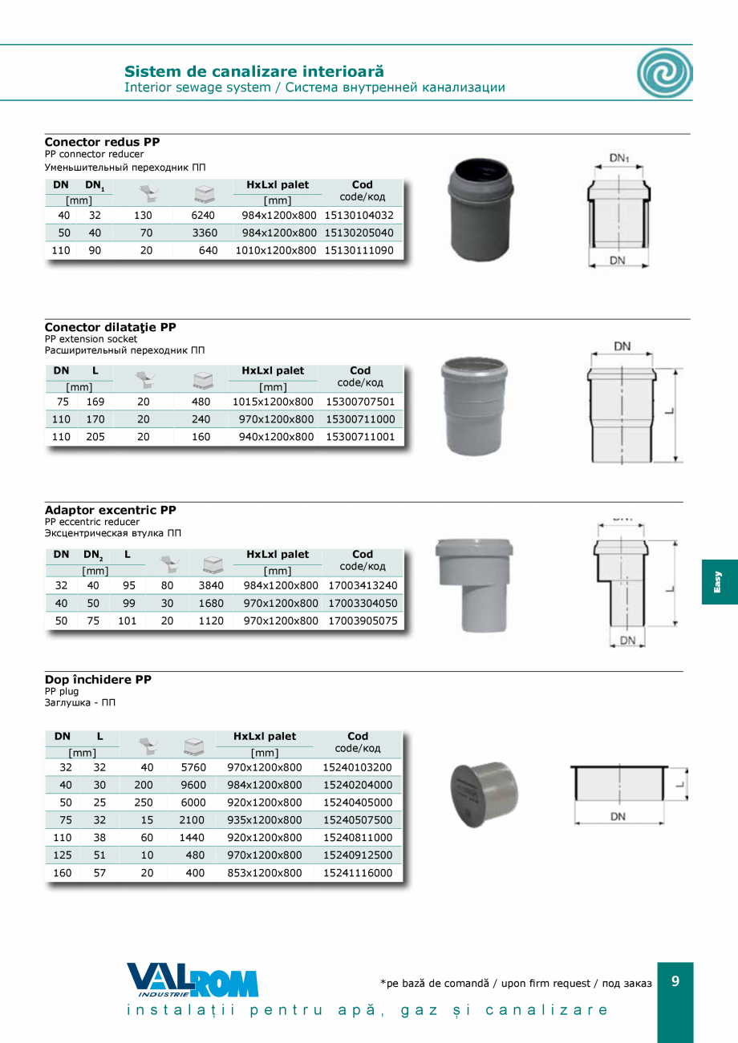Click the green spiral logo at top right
pyautogui.click(x=664, y=73)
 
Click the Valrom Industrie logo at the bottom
pyautogui.click(x=193, y=980)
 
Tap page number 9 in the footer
pyautogui.click(x=675, y=980)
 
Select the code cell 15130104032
pyautogui.click(x=359, y=216)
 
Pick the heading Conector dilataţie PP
pyautogui.click(x=110, y=327)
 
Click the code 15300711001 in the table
pyautogui.click(x=360, y=437)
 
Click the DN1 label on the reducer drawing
pyautogui.click(x=618, y=159)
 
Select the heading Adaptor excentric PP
pyautogui.click(x=110, y=510)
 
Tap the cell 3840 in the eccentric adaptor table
pyautogui.click(x=211, y=586)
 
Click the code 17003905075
pyautogui.click(x=363, y=621)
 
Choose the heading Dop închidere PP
pyautogui.click(x=98, y=680)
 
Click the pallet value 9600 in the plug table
pyautogui.click(x=193, y=785)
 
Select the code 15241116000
pyautogui.click(x=357, y=873)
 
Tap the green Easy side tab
pyautogui.click(x=719, y=582)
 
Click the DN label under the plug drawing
pyautogui.click(x=618, y=817)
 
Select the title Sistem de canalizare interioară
pyautogui.click(x=254, y=71)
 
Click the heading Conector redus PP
pyautogui.click(x=102, y=142)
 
